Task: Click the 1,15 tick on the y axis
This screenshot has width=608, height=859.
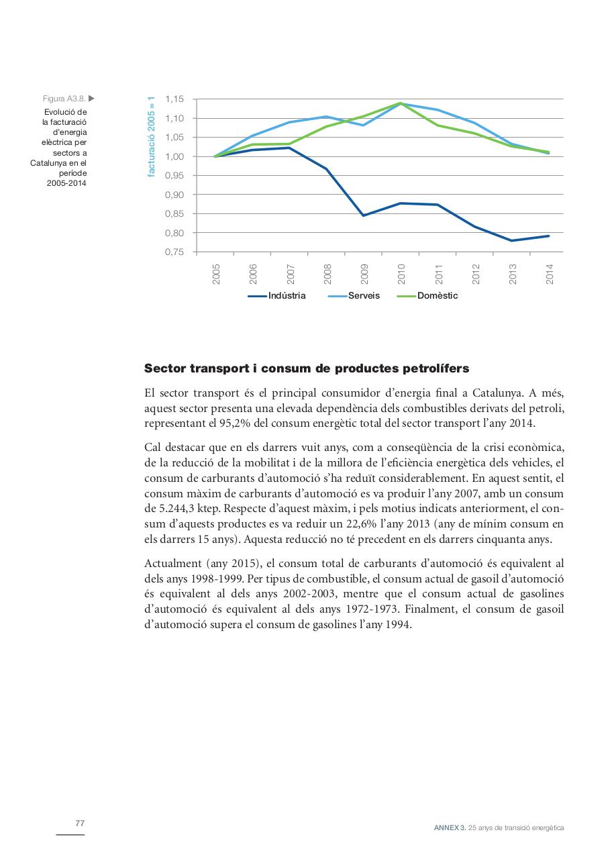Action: coord(174,99)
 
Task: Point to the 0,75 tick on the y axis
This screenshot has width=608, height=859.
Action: coord(174,252)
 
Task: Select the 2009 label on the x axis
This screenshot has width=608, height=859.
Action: coord(364,274)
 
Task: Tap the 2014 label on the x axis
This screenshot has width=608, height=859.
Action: coord(550,274)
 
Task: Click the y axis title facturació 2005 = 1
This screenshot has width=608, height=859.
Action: coord(152,136)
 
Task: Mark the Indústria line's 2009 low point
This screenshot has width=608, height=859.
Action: coord(364,215)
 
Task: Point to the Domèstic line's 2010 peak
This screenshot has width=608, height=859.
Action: coord(401,103)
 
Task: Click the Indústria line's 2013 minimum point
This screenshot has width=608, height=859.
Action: coord(512,240)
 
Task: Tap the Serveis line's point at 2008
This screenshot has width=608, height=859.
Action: coord(327,117)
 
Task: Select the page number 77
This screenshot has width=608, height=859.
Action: coord(80,823)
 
